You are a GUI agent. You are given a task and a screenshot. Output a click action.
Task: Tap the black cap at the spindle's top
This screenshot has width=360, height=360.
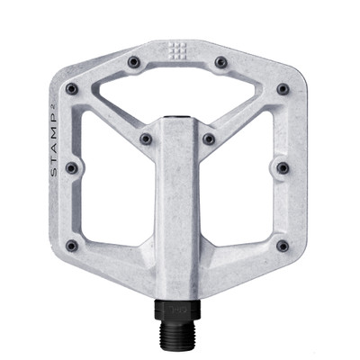177,117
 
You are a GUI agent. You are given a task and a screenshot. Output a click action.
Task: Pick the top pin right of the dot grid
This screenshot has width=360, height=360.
220,62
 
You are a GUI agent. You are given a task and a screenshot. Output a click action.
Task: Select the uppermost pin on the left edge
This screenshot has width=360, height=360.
71,89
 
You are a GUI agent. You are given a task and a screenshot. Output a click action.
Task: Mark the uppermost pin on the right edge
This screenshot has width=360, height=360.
283,89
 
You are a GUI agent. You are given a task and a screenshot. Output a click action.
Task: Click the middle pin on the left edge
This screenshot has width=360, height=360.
71,167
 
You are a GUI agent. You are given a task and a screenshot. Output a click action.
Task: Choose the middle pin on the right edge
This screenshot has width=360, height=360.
283,167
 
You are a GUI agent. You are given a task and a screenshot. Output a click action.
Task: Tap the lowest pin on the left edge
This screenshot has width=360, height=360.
71,245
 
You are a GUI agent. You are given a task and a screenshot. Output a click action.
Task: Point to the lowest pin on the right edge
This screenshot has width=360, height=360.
283,245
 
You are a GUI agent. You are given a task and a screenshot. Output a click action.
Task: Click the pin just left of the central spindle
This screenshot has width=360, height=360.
145,139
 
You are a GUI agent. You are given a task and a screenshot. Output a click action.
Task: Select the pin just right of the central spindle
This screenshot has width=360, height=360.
209,139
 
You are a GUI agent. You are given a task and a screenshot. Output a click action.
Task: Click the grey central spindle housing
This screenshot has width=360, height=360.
177,207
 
